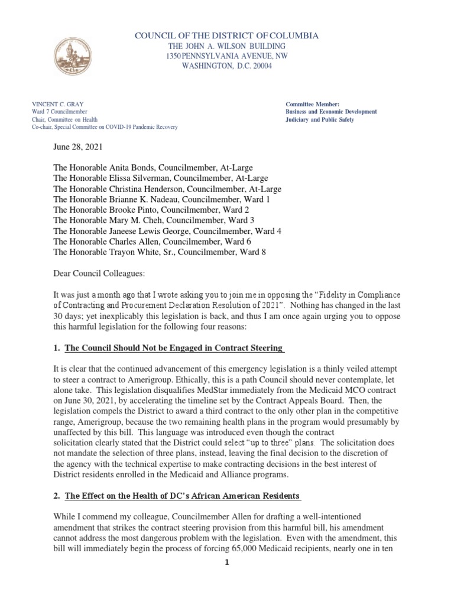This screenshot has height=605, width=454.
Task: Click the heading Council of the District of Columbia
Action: point(227,36)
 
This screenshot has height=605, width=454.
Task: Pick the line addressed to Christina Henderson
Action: point(167,189)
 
